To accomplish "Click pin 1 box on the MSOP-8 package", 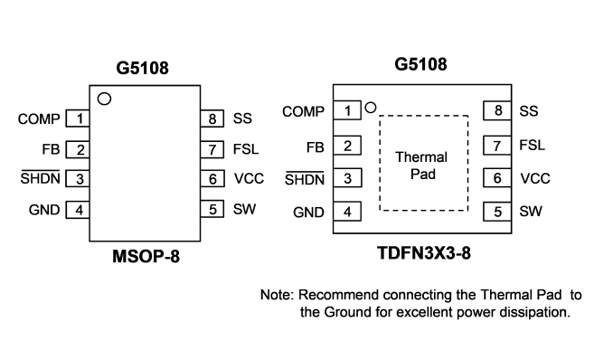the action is (x=78, y=118).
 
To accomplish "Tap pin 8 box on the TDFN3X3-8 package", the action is (x=497, y=110).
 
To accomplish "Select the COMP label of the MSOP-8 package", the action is (x=39, y=119).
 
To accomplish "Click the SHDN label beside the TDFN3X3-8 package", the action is (x=305, y=179).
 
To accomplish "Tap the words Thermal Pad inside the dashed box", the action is (x=422, y=166).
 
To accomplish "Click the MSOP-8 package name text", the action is (x=146, y=257).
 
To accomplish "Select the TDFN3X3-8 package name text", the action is (x=424, y=253).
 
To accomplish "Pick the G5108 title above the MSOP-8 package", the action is (x=142, y=68).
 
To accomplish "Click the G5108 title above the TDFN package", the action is (x=420, y=64).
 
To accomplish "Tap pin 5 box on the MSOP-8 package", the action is (x=212, y=209).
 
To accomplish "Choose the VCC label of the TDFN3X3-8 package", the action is (x=535, y=179).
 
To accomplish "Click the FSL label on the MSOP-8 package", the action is (x=246, y=149).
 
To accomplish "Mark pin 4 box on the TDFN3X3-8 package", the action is (x=347, y=212).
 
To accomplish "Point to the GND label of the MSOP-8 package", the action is (x=44, y=210).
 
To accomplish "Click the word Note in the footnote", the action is (x=277, y=295).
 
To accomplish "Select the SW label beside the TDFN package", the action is (x=531, y=212).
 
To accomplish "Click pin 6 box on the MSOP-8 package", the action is (x=212, y=178).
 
